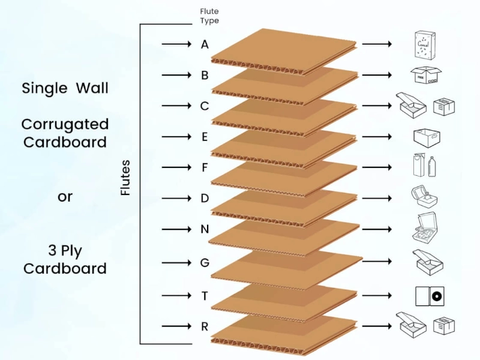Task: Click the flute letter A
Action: pos(205,44)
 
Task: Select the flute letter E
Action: pos(205,137)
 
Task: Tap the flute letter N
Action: pos(205,229)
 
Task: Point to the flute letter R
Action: pos(205,326)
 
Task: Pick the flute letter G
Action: pos(205,262)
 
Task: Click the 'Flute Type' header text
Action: pos(209,16)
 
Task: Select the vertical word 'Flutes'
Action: pos(125,177)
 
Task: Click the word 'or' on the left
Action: pos(65,197)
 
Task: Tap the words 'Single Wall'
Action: pos(65,88)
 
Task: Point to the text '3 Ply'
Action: pos(65,250)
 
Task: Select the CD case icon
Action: pos(429,295)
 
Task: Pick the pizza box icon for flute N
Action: pos(427,229)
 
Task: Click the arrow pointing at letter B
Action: pos(176,76)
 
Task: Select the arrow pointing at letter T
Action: pos(176,295)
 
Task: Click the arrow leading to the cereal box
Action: pos(377,44)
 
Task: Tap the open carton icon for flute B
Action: pos(427,76)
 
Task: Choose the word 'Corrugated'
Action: pos(65,125)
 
